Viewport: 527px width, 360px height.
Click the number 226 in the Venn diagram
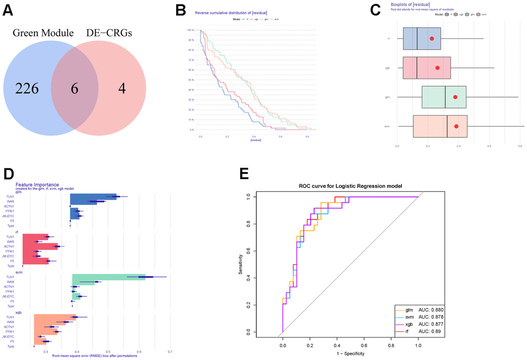coord(27,88)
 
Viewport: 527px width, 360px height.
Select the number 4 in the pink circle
coord(122,88)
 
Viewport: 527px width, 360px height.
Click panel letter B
coord(180,9)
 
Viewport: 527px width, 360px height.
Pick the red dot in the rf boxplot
coord(432,39)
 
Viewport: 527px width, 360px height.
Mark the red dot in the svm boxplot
coord(456,126)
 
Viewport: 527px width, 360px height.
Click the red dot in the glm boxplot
coord(455,97)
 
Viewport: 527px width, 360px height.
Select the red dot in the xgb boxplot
coord(437,68)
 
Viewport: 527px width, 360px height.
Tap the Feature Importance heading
coord(37,184)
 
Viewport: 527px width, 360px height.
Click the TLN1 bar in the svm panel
coord(109,277)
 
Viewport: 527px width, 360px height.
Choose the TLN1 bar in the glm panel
coord(94,196)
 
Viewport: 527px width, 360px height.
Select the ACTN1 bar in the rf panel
coord(40,246)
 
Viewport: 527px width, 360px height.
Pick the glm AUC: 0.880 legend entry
coord(422,309)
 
